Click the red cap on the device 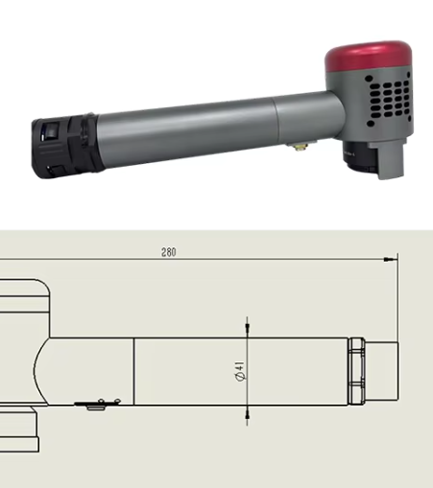click(369, 57)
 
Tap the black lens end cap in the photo click(65, 146)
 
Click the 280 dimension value click(169, 252)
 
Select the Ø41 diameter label click(240, 371)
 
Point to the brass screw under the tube click(301, 147)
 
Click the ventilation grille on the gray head click(388, 99)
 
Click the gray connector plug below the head click(389, 159)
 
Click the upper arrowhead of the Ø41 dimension click(247, 330)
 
